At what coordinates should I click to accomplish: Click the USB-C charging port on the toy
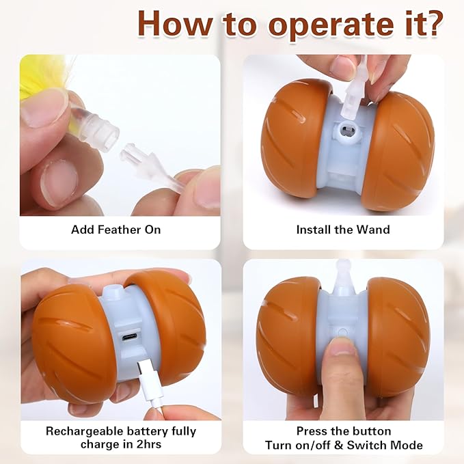point(128,337)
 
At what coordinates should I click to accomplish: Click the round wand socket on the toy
point(347,131)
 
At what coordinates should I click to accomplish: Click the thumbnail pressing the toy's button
point(342,346)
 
